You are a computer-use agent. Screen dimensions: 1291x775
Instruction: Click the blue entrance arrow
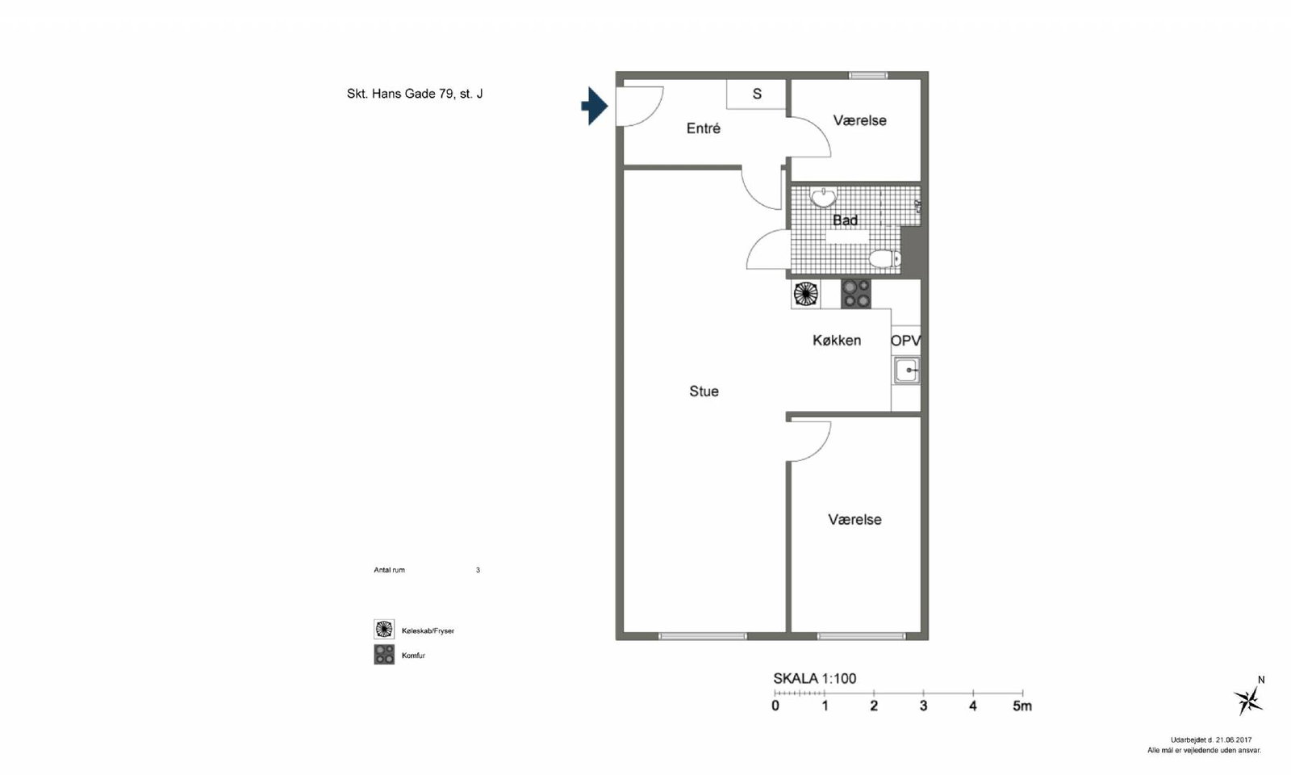(594, 106)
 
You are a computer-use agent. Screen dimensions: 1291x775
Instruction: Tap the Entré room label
(703, 128)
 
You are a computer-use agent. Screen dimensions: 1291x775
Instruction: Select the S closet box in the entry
(756, 94)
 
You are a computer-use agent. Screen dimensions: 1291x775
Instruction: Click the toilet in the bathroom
(884, 258)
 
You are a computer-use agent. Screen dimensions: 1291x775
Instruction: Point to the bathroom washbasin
(824, 197)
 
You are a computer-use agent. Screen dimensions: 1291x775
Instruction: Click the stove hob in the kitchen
(856, 294)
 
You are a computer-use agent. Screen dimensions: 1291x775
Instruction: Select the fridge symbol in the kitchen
(806, 294)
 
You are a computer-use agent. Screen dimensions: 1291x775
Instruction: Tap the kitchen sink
(907, 371)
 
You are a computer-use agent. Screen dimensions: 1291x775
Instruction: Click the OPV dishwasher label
(905, 341)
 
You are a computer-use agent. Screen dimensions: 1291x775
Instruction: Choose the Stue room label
(704, 392)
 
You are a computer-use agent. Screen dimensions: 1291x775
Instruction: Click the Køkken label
(837, 340)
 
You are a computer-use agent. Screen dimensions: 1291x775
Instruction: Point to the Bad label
(845, 220)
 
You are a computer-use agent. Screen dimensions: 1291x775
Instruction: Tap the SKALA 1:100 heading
(814, 679)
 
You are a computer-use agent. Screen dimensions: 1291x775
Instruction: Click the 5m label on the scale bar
(1022, 706)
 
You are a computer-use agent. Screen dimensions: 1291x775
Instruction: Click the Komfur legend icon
(384, 655)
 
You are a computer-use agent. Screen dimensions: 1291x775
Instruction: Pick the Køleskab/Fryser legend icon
(384, 629)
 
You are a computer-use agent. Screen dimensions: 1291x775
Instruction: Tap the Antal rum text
(389, 570)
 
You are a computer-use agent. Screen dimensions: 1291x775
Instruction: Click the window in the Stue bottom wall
(703, 636)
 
